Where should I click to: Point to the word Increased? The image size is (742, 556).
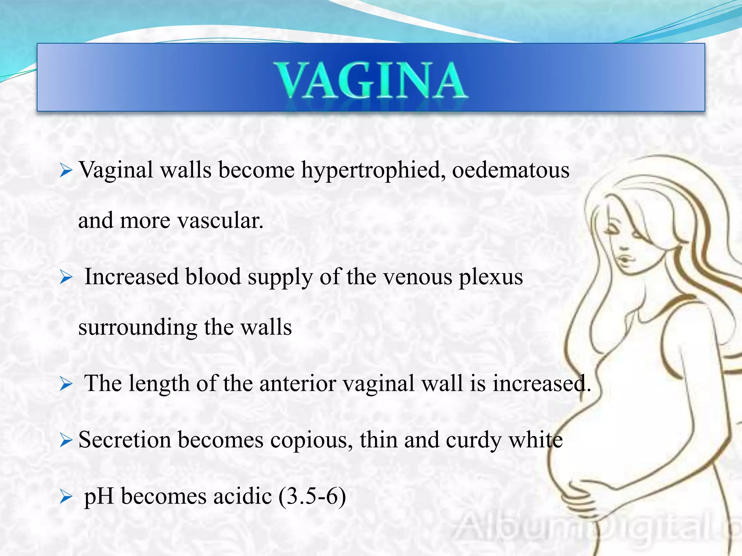coord(132,277)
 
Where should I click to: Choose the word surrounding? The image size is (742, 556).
coord(138,328)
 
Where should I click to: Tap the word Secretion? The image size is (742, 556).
coord(125,440)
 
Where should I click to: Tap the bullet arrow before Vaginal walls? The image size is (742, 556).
coord(66,170)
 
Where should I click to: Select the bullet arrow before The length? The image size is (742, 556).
coord(66,384)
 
